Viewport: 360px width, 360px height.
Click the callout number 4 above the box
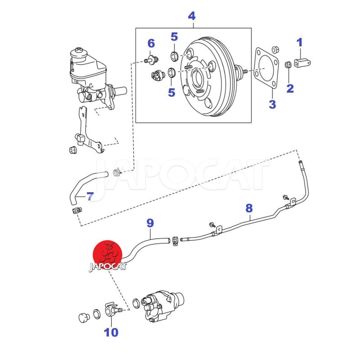click(x=192, y=16)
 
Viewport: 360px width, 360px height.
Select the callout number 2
click(x=290, y=88)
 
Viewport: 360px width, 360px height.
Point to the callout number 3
click(x=272, y=105)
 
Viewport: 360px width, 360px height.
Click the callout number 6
click(x=151, y=44)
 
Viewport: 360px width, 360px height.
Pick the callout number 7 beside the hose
click(x=90, y=196)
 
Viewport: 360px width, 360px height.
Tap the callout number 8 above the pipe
click(x=249, y=208)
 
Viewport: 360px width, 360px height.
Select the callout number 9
click(x=150, y=222)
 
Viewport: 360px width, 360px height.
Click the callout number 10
click(x=111, y=333)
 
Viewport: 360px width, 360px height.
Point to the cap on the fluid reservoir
click(x=80, y=50)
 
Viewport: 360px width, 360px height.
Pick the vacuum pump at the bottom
click(x=161, y=306)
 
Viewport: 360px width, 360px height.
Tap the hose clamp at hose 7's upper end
click(x=117, y=171)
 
